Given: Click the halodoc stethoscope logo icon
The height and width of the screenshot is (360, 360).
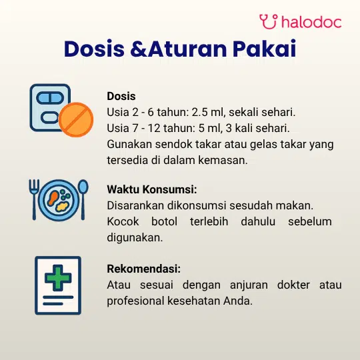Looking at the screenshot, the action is (268, 21).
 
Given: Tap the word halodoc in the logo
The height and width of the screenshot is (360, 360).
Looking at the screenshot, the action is (311, 22).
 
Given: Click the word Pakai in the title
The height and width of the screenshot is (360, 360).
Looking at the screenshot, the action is (265, 49).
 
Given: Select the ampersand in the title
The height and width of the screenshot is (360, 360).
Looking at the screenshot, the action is (139, 49).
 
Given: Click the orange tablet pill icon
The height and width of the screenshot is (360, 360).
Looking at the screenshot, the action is (76, 119).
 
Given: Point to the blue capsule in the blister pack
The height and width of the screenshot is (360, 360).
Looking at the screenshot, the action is (50, 98).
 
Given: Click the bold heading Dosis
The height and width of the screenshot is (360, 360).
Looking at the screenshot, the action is (121, 96).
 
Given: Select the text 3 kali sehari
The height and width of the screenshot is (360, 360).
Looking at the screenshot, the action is (257, 128).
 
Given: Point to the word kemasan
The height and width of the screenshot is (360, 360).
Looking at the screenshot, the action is (223, 160).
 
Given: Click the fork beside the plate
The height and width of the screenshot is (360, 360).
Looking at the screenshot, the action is (34, 200).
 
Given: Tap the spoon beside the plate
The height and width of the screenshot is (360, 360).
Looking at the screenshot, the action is (83, 200).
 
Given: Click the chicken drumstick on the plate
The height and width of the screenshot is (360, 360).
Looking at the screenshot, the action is (53, 198).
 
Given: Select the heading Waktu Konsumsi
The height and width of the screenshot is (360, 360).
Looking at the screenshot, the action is (152, 189).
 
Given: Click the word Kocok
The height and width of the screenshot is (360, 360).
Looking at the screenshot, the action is (123, 221).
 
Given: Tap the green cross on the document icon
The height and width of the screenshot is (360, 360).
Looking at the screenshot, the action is (58, 278).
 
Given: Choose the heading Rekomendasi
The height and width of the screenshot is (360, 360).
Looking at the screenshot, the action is (144, 269).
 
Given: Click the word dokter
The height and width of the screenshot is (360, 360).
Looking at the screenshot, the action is (293, 285).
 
